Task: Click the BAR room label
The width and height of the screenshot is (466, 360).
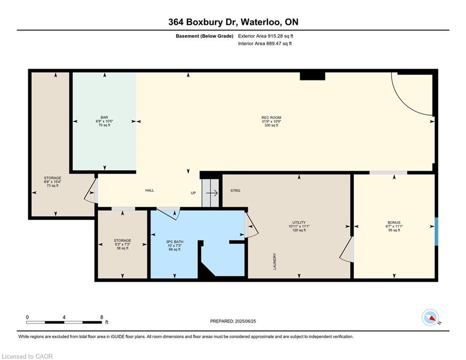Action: click(x=104, y=118)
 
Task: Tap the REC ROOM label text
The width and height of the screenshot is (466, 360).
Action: click(x=271, y=118)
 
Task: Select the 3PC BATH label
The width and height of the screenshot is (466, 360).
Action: click(x=174, y=241)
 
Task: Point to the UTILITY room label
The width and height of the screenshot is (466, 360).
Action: click(x=299, y=222)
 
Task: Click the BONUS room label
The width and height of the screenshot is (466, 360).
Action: click(x=394, y=222)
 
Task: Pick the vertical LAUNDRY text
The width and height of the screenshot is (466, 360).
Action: click(x=274, y=262)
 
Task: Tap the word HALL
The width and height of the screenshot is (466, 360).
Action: click(x=149, y=190)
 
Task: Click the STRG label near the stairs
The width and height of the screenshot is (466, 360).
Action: click(x=236, y=190)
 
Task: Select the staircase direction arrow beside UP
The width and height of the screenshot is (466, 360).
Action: click(x=212, y=193)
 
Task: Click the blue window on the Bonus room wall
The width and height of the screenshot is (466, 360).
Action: click(x=436, y=232)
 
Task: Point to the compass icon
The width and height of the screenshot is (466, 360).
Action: click(x=430, y=317)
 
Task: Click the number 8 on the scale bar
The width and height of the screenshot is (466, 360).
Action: click(x=101, y=317)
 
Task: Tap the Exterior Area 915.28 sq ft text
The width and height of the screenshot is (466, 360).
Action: click(x=266, y=36)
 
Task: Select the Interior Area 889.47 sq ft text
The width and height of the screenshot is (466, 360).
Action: click(x=265, y=44)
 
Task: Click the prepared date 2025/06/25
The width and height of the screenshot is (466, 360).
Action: click(x=245, y=321)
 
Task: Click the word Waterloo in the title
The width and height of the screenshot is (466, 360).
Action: click(x=261, y=22)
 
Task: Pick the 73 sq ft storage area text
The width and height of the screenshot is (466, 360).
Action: click(x=52, y=186)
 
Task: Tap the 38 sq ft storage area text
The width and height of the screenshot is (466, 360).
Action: click(x=122, y=248)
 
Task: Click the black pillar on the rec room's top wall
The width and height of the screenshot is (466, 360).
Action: click(x=312, y=76)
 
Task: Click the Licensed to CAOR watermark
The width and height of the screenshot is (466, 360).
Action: click(x=27, y=356)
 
